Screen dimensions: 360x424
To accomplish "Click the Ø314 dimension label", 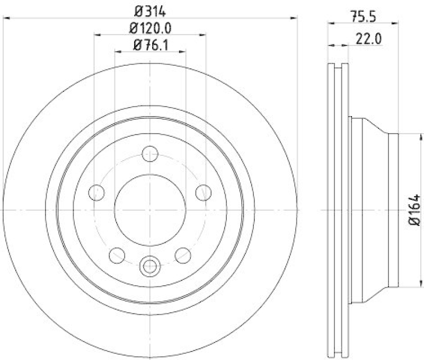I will (150, 10).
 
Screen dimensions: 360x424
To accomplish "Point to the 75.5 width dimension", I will (363, 16).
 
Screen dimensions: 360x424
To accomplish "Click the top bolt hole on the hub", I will (150, 154).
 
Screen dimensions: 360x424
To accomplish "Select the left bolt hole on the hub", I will (96, 193).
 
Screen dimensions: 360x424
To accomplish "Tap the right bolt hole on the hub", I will (204, 193).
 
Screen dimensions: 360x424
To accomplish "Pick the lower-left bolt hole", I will (117, 256).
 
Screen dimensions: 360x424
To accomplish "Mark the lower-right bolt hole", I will (183, 256).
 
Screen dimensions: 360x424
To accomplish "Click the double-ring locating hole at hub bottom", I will (150, 265).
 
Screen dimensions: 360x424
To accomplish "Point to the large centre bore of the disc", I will (150, 210).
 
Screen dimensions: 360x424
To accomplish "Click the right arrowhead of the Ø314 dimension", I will (294, 18).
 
